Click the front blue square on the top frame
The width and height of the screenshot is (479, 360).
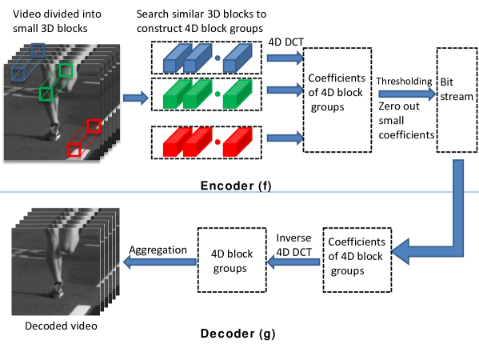18,74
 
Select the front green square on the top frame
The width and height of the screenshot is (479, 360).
46,94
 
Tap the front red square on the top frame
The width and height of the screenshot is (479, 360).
74,150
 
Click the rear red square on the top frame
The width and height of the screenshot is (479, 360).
94,126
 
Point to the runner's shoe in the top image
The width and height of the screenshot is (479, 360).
54,133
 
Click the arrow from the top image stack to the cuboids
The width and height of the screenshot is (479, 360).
135,98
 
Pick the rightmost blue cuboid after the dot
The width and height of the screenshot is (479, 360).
237,58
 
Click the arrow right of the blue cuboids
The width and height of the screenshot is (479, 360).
285,58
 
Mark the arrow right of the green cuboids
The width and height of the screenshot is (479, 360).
285,90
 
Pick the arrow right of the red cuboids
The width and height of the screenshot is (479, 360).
285,138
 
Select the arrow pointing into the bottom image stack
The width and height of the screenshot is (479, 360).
159,262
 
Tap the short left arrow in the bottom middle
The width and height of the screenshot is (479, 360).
293,262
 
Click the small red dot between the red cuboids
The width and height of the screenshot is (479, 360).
217,142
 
